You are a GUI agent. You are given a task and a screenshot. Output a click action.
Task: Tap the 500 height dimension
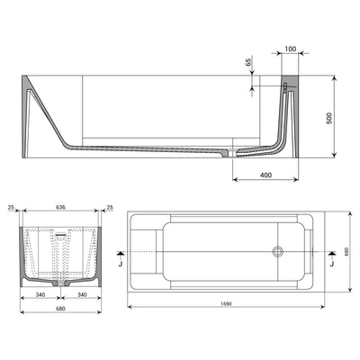coord(339,117)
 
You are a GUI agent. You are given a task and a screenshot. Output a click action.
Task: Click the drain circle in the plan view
coord(278,253)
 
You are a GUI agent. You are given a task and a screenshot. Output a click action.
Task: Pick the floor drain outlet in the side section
coord(233,154)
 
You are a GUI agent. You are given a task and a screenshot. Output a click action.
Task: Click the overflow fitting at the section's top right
coord(286,88)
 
